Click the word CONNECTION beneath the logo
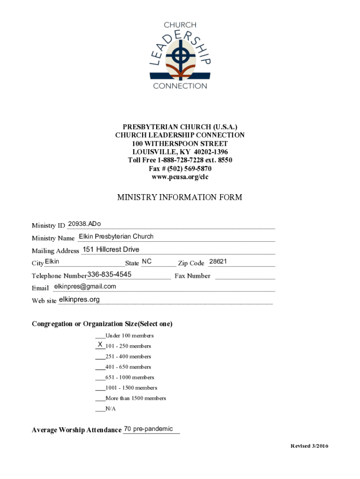tap(180, 86)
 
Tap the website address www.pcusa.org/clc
tap(180, 177)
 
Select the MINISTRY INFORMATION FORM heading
tap(180, 197)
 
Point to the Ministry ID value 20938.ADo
tap(85, 224)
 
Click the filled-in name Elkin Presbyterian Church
tap(116, 236)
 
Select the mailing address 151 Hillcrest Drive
tap(111, 249)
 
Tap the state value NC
tap(147, 261)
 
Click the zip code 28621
tap(218, 261)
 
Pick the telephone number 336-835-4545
tap(109, 274)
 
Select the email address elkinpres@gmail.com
tap(85, 286)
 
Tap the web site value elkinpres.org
tap(79, 299)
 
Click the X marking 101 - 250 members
tap(100, 345)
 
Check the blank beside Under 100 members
tap(100, 336)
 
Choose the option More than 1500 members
tap(136, 399)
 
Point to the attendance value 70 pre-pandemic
tap(148, 429)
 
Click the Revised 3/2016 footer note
tap(310, 446)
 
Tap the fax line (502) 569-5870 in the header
tap(180, 168)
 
